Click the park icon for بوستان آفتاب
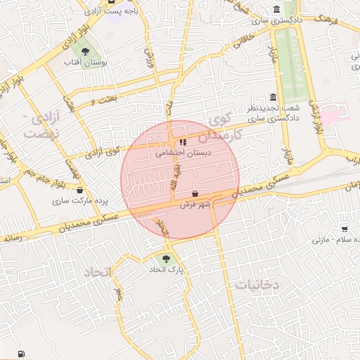(x=85, y=52)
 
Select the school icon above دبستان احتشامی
(x=173, y=141)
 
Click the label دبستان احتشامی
(x=173, y=150)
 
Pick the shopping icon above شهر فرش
(x=195, y=194)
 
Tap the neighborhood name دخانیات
(x=257, y=285)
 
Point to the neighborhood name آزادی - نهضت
(x=37, y=124)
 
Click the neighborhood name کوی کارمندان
(x=225, y=127)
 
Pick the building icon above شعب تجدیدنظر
(x=273, y=97)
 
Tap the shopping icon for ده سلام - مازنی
(x=345, y=229)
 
